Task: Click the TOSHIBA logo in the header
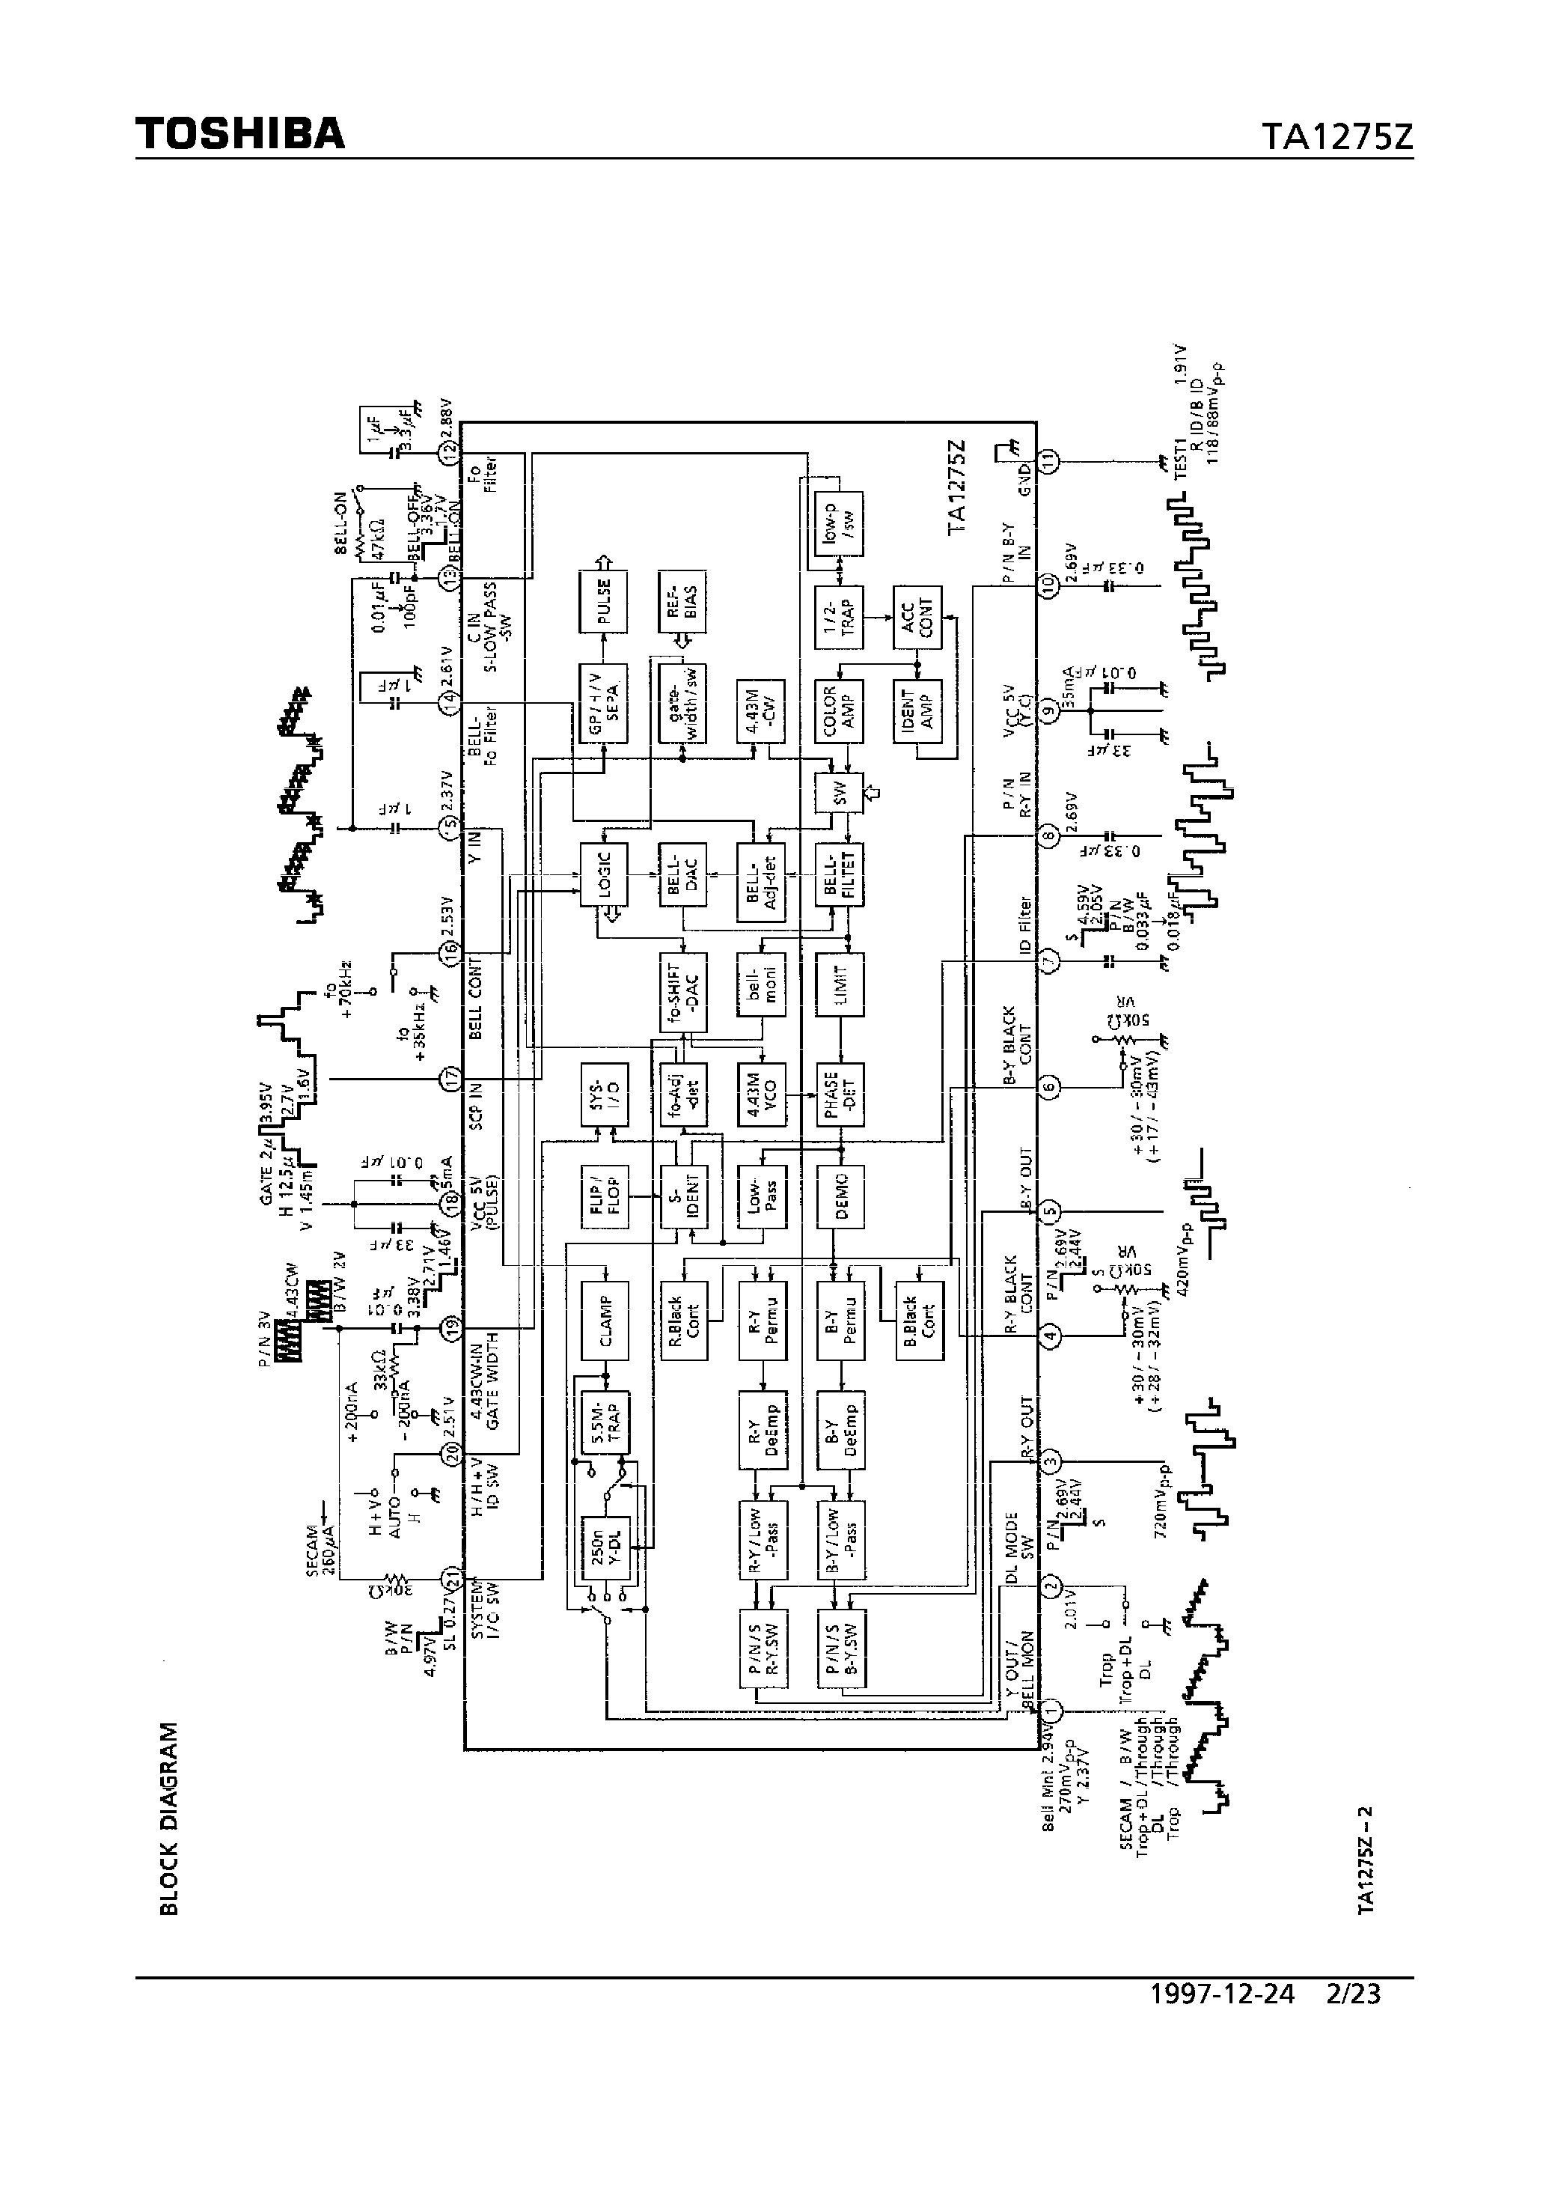pyautogui.click(x=239, y=135)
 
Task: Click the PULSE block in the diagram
pyautogui.click(x=603, y=600)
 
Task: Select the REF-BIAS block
pyautogui.click(x=682, y=600)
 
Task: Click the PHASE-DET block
pyautogui.click(x=839, y=1094)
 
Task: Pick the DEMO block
pyautogui.click(x=839, y=1196)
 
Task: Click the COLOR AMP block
pyautogui.click(x=839, y=710)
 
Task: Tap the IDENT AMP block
pyautogui.click(x=917, y=710)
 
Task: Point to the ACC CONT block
pyautogui.click(x=917, y=618)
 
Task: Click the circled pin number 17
pyautogui.click(x=450, y=1080)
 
